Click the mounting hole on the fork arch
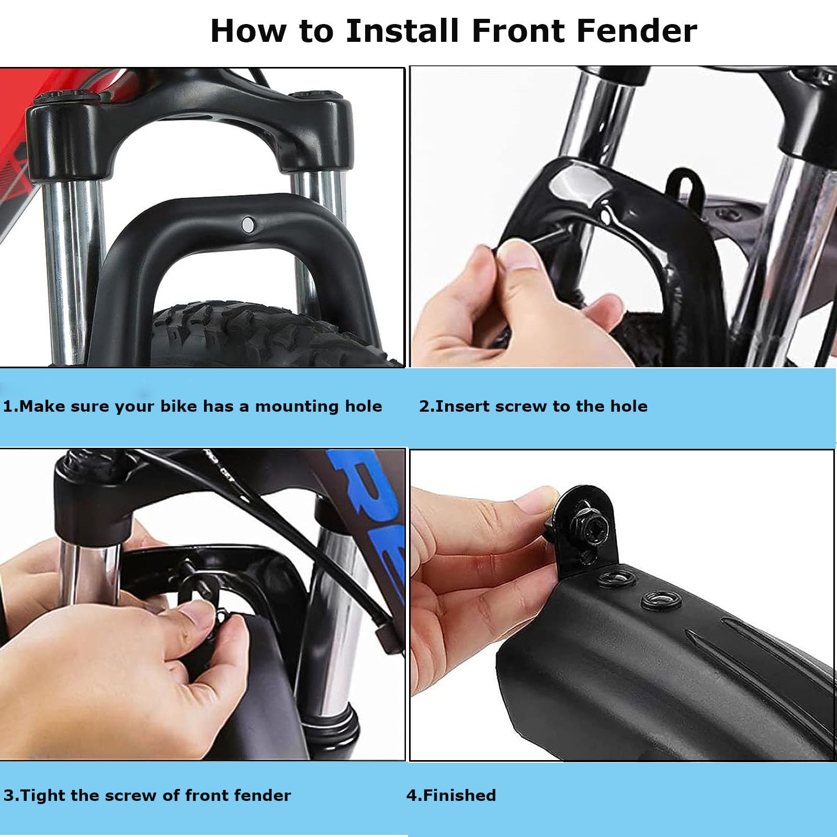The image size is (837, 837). (x=247, y=225)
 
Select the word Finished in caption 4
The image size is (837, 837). (x=459, y=795)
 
